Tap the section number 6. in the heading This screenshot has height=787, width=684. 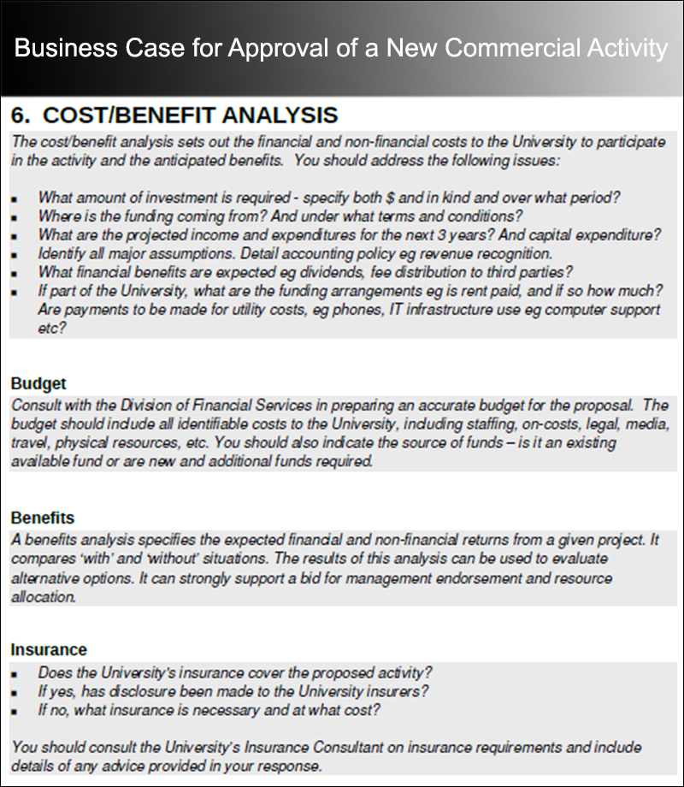(x=21, y=115)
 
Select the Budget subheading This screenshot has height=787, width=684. (x=38, y=384)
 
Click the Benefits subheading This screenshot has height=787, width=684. (x=43, y=518)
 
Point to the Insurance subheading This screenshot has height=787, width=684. (x=49, y=650)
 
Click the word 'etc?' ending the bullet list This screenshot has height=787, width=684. (x=53, y=328)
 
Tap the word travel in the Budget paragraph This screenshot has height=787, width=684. (x=30, y=443)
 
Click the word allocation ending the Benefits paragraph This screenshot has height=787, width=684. (x=44, y=596)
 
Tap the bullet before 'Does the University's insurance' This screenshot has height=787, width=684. (x=15, y=673)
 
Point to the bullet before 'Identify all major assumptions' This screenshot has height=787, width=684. (x=15, y=255)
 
